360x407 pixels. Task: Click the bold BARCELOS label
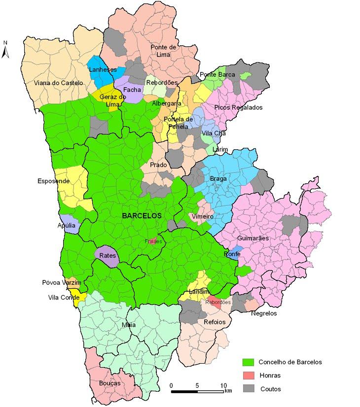(x=142, y=216)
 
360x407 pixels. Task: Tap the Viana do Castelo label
(x=58, y=83)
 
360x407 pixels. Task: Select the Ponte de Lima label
(x=164, y=50)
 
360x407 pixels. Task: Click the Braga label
(x=218, y=179)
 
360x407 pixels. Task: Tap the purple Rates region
(x=107, y=256)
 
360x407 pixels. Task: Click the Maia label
(x=129, y=325)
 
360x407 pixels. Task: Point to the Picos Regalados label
(x=239, y=107)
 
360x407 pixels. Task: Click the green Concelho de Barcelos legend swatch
(x=249, y=362)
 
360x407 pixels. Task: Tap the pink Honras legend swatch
(x=249, y=375)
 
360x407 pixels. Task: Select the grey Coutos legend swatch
(x=249, y=389)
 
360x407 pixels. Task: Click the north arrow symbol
(x=5, y=50)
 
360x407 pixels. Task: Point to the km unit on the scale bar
(x=228, y=391)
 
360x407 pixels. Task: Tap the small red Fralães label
(x=153, y=241)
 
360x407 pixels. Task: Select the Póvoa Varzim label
(x=61, y=283)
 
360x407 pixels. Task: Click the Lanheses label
(x=103, y=70)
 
